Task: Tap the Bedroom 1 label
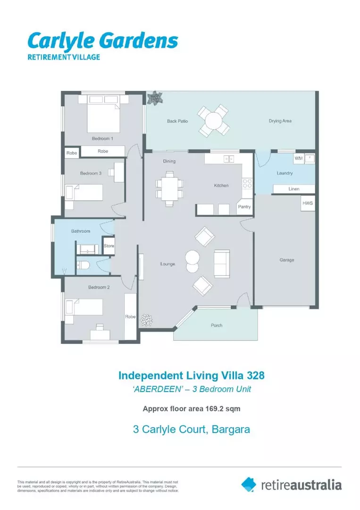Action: click(x=102, y=138)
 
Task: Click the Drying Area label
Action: click(x=280, y=121)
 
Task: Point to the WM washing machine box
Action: click(x=298, y=158)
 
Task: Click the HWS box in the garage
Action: click(x=308, y=204)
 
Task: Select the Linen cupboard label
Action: click(x=294, y=189)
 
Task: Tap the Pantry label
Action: click(x=244, y=207)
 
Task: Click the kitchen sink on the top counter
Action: click(x=229, y=159)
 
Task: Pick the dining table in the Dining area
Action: click(x=169, y=187)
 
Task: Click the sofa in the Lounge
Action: click(x=221, y=263)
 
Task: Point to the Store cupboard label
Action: click(x=109, y=246)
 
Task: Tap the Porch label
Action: click(x=216, y=325)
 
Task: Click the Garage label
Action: click(x=286, y=260)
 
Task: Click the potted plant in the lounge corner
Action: click(x=147, y=321)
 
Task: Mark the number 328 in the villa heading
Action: click(x=252, y=376)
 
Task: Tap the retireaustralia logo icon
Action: click(x=249, y=484)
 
